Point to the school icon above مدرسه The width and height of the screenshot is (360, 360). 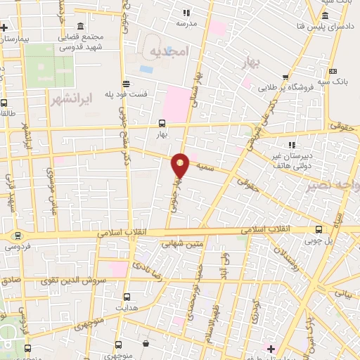point(186,13)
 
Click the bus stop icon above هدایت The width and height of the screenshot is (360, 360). point(127,297)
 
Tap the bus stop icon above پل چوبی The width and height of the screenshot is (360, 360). point(320,229)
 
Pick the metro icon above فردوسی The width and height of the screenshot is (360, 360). point(18,236)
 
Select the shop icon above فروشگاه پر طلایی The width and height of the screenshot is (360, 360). point(285,78)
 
